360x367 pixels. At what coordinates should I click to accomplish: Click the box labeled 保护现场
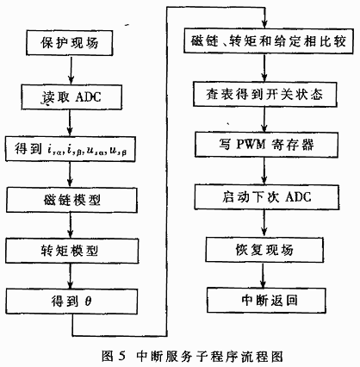coord(69,43)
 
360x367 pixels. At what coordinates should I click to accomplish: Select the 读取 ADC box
coord(71,96)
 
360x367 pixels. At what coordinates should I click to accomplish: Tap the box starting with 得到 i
coord(71,149)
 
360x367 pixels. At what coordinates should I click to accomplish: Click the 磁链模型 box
coord(71,200)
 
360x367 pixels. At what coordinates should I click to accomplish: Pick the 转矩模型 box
coord(71,251)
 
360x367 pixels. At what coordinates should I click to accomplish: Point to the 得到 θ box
coord(71,302)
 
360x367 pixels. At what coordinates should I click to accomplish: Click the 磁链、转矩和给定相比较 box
coord(269,40)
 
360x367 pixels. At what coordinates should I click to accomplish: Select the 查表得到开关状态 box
coord(264,95)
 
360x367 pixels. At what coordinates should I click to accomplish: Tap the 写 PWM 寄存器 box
coord(266,145)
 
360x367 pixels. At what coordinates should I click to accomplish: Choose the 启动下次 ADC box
coord(267,197)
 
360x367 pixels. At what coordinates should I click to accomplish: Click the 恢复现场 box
coord(264,250)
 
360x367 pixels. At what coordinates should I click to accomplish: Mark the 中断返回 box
coord(266,300)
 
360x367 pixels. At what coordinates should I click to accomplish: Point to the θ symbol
coord(88,302)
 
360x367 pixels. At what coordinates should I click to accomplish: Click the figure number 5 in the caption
coord(121,357)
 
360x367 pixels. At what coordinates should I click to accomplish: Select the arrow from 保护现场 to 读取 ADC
coord(71,70)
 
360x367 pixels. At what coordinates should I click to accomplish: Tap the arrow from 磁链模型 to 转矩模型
coord(71,226)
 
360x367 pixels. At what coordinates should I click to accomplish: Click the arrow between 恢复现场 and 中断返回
coord(263,275)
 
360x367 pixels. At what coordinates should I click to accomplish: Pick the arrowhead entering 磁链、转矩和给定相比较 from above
coord(265,24)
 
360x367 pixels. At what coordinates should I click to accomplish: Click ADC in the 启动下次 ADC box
coord(298,197)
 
